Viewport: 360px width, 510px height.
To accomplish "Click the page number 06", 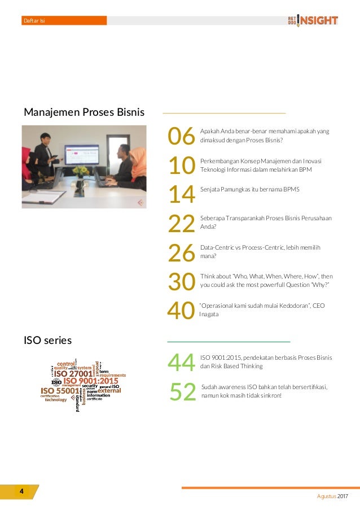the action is (x=181, y=136).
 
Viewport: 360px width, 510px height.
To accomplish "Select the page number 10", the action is (x=181, y=165).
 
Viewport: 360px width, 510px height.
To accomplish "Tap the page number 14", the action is (x=181, y=194).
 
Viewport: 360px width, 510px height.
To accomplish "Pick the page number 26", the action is (x=181, y=252).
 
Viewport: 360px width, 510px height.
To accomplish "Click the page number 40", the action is (x=181, y=311).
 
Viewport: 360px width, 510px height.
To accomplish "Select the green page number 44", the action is (x=181, y=363).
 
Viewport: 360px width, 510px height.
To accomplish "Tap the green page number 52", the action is (x=182, y=392).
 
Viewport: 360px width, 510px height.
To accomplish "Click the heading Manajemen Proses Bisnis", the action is (x=84, y=112).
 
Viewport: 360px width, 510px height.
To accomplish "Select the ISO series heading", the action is (x=47, y=340).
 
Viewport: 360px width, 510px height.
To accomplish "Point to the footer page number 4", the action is (x=21, y=491).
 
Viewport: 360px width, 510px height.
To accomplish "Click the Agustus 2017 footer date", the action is (x=332, y=496).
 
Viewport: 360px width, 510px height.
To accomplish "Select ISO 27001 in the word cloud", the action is (x=73, y=373).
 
